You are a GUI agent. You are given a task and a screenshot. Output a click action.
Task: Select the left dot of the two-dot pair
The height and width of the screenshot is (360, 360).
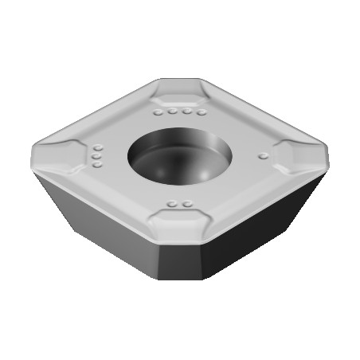(x=173, y=205)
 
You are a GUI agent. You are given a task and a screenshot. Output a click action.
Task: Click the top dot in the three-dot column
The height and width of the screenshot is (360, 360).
(x=99, y=148)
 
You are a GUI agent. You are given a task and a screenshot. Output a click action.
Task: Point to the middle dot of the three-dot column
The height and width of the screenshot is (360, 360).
(x=96, y=157)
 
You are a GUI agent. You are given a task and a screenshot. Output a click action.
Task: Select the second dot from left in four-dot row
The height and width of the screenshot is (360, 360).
(x=170, y=113)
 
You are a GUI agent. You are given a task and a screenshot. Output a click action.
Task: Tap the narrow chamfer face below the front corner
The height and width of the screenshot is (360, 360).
(x=182, y=256)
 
